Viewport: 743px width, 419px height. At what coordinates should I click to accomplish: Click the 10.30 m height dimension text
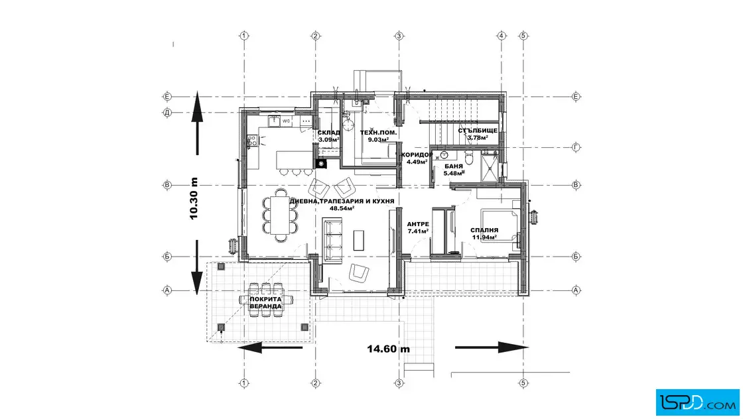(193, 199)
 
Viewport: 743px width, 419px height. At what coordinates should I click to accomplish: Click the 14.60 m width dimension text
(389, 349)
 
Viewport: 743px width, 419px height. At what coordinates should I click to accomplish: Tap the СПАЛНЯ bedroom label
(484, 230)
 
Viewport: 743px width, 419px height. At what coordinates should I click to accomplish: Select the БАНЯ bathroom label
(454, 166)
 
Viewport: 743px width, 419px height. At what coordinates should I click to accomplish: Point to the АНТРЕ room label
(418, 224)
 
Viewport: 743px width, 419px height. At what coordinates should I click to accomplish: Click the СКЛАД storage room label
(328, 133)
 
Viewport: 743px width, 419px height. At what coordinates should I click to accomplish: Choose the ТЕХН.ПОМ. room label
(378, 133)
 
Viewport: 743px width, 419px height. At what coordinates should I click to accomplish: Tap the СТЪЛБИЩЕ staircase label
(478, 131)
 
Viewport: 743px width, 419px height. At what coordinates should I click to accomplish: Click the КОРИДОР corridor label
(417, 155)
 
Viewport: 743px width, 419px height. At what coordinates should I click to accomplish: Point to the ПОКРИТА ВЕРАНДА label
(266, 302)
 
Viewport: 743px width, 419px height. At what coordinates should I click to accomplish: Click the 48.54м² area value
(342, 208)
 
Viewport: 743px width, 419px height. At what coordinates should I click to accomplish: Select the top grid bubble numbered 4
(502, 36)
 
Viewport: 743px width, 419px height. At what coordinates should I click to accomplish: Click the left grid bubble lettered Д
(167, 113)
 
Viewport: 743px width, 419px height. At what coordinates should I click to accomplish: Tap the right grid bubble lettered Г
(576, 147)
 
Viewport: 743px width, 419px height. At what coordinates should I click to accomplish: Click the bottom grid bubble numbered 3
(399, 383)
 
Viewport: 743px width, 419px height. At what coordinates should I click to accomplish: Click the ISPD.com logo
(697, 402)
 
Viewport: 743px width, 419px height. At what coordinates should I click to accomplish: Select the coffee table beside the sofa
(359, 240)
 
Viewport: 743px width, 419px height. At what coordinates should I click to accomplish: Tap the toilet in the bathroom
(469, 158)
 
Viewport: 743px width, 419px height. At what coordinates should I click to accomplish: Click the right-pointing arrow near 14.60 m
(492, 347)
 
